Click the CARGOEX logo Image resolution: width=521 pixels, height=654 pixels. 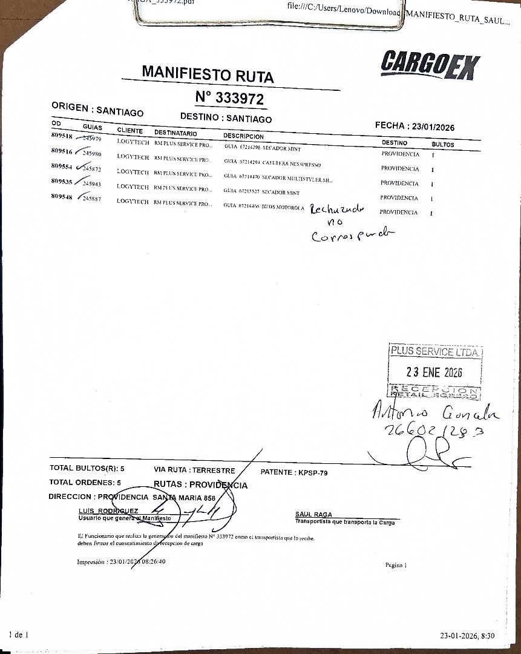(430, 64)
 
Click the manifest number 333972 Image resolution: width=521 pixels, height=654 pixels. (229, 97)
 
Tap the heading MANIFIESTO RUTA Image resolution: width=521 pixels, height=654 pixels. (208, 74)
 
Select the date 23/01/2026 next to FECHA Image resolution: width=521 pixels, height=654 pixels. (433, 127)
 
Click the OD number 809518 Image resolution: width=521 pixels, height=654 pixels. (62, 136)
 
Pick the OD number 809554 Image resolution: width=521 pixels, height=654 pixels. (62, 166)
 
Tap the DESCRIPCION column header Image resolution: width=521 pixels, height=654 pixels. (243, 136)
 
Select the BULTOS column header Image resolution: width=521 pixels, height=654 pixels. (442, 145)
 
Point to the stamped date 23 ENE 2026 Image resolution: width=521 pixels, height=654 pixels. (434, 372)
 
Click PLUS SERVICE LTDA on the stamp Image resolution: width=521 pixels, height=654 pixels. (435, 351)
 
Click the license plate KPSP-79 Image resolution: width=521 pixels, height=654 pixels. (313, 472)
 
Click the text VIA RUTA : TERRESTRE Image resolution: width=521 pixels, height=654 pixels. (194, 470)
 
